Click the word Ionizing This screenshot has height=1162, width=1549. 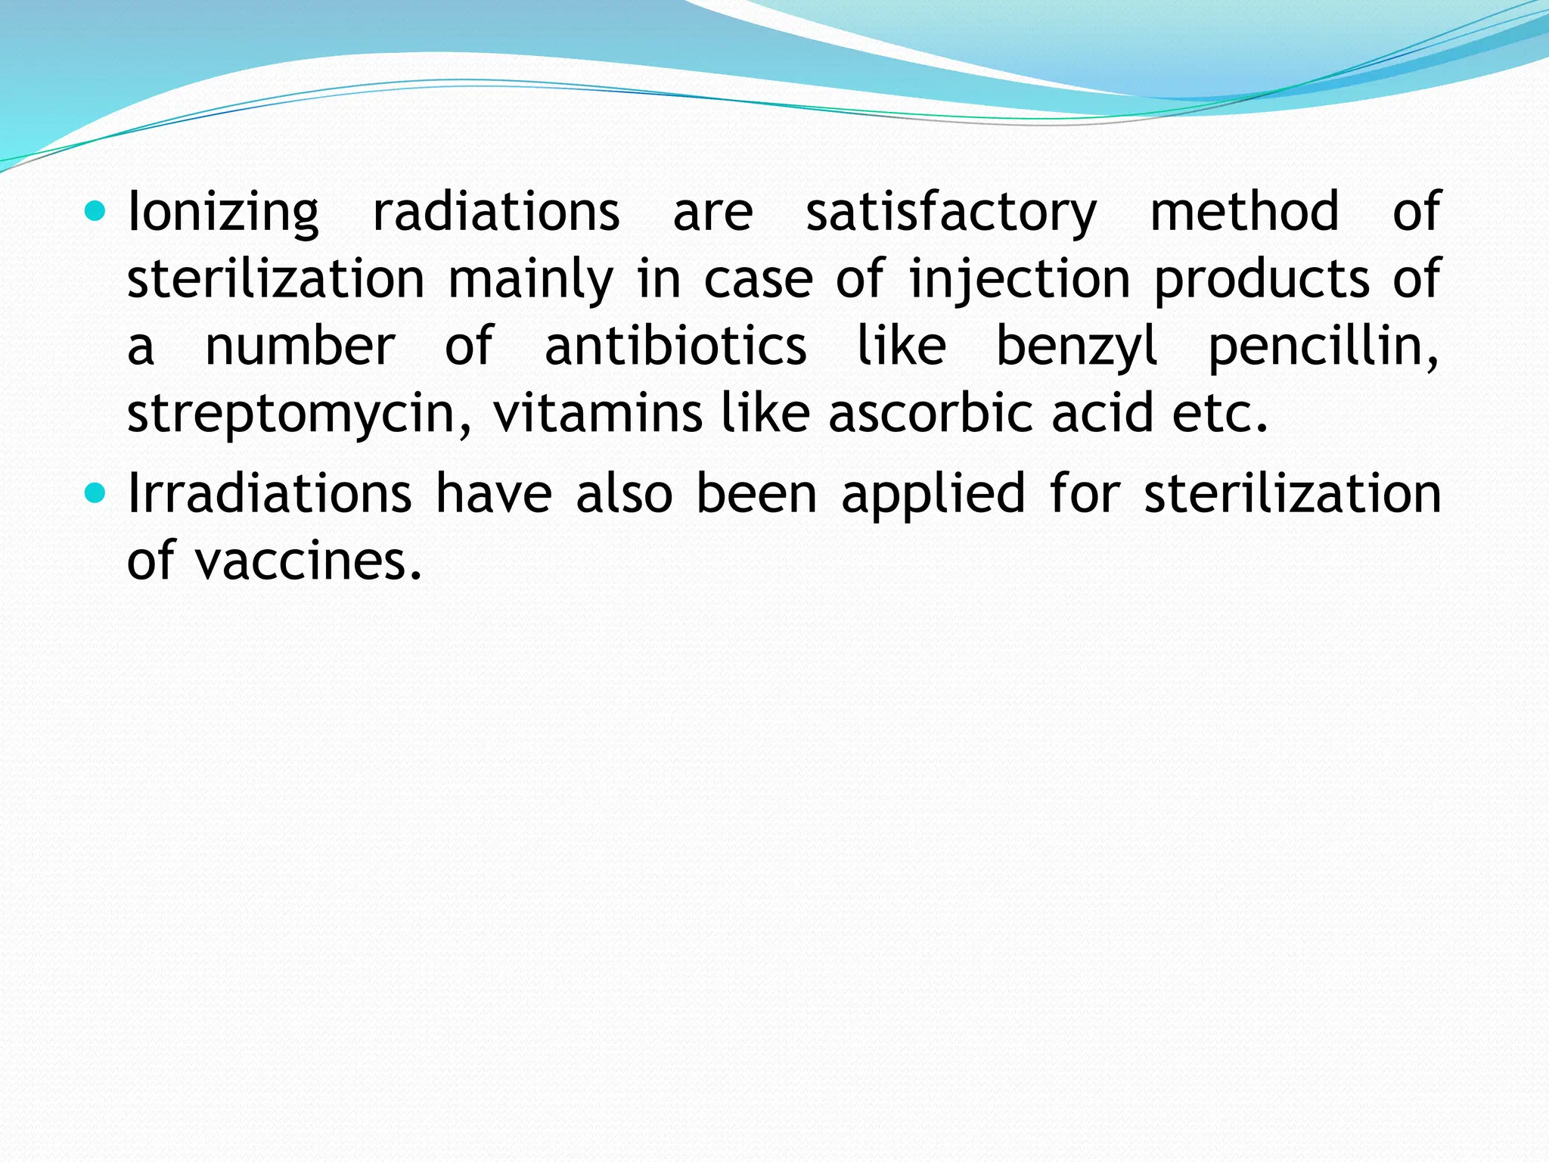(223, 213)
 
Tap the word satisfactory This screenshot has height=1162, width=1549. (951, 213)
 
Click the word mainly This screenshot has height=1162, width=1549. (530, 280)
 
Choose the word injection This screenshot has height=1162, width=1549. (1020, 280)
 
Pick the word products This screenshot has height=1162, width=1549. (1262, 280)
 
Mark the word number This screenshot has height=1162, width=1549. (300, 346)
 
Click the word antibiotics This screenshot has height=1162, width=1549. (675, 346)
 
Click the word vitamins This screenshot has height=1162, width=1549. (598, 413)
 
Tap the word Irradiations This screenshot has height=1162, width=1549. (270, 493)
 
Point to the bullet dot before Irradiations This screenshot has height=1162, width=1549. (95, 494)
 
